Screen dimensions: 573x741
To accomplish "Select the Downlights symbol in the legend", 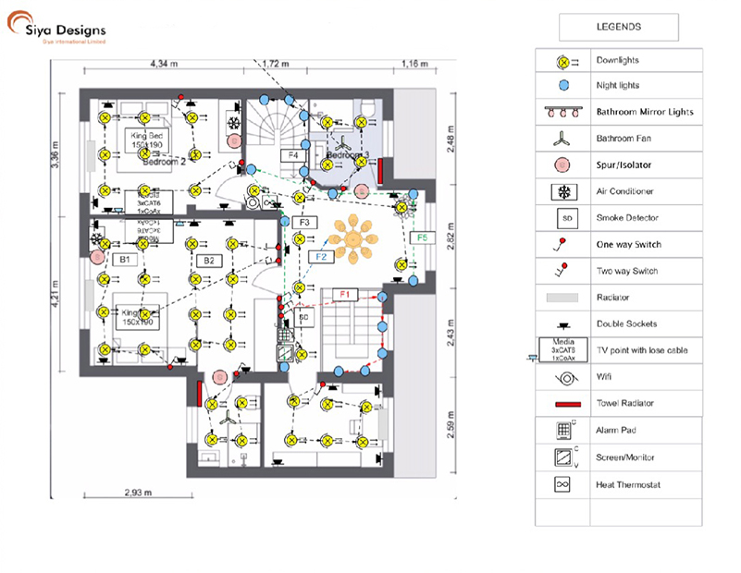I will [x=562, y=61].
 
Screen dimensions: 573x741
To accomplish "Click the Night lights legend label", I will [x=617, y=86].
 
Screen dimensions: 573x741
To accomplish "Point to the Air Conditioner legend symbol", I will [x=562, y=191].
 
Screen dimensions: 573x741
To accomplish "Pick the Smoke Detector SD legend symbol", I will [x=562, y=218].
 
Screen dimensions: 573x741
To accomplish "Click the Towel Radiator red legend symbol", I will [x=562, y=404].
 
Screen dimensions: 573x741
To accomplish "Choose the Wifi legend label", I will [x=604, y=377].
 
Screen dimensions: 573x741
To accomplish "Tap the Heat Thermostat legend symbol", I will [x=562, y=484].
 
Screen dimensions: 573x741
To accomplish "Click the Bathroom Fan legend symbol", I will [x=562, y=140].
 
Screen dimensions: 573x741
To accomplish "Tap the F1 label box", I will [x=345, y=294].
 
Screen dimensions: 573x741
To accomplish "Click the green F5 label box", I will [x=423, y=238].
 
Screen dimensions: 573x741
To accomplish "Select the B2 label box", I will [x=209, y=261].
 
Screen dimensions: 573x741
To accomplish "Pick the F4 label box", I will [x=293, y=155].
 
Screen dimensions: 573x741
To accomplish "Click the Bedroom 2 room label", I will [x=164, y=161].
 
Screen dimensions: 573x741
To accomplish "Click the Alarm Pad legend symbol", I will [x=562, y=431].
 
